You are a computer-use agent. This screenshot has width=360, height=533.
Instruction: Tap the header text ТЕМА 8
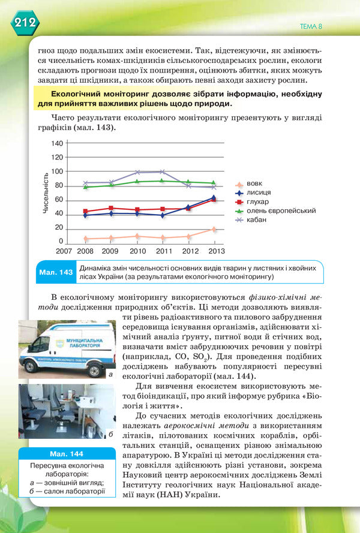pyautogui.click(x=311, y=26)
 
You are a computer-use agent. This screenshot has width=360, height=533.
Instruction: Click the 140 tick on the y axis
pyautogui.click(x=57, y=143)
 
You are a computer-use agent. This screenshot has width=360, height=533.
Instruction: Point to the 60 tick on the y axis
pyautogui.click(x=59, y=200)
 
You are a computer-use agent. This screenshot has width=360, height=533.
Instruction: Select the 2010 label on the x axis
pyautogui.click(x=138, y=251)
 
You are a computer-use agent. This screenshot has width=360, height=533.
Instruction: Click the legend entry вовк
pyautogui.click(x=254, y=183)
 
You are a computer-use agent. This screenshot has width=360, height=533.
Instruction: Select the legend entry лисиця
pyautogui.click(x=258, y=192)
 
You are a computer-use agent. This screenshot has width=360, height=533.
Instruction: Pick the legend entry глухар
pyautogui.click(x=258, y=201)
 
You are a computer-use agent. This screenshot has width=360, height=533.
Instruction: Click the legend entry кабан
pyautogui.click(x=256, y=220)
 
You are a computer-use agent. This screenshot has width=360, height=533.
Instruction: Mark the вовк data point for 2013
pyautogui.click(x=213, y=230)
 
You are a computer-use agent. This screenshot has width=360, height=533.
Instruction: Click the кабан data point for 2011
pyautogui.click(x=163, y=172)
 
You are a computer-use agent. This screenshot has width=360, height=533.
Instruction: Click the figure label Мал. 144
pyautogui.click(x=67, y=453)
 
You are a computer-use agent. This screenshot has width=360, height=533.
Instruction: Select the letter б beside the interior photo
pyautogui.click(x=110, y=433)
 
